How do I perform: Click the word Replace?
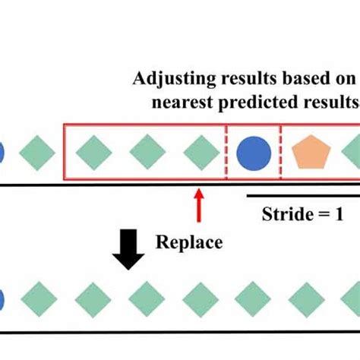[189, 243]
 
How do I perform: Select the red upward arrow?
[199, 205]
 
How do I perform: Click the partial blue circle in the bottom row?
[2, 298]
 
